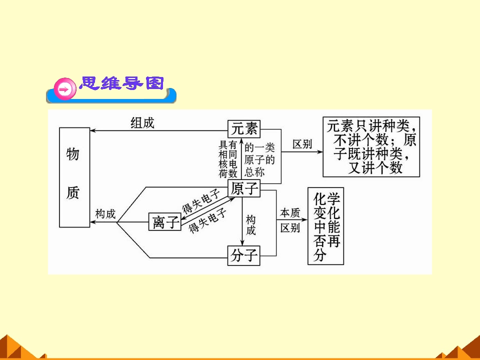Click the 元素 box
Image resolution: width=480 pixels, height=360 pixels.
pyautogui.click(x=244, y=129)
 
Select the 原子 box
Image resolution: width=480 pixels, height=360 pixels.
pyautogui.click(x=244, y=188)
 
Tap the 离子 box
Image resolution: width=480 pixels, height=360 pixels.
pyautogui.click(x=164, y=221)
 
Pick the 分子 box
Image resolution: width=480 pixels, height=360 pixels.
pyautogui.click(x=243, y=255)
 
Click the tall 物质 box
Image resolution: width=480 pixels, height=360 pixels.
pyautogui.click(x=74, y=177)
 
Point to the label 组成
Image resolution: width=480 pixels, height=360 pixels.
pyautogui.click(x=142, y=123)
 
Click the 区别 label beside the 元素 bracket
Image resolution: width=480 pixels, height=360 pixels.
pyautogui.click(x=302, y=144)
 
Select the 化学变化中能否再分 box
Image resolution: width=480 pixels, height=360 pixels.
pyautogui.click(x=325, y=226)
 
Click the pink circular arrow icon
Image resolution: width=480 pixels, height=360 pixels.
pyautogui.click(x=65, y=89)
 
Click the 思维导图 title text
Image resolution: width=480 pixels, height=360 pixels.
pyautogui.click(x=121, y=83)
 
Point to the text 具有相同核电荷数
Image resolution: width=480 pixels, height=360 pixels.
pyautogui.click(x=228, y=159)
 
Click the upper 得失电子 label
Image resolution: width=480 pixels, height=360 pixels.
pyautogui.click(x=201, y=201)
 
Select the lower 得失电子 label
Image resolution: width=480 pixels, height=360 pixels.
pyautogui.click(x=207, y=220)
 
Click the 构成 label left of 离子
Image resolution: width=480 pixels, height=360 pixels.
pyautogui.click(x=105, y=214)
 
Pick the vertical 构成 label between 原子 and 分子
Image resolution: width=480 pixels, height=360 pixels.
pyautogui.click(x=250, y=225)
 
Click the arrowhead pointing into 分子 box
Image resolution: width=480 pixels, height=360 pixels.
pyautogui.click(x=242, y=243)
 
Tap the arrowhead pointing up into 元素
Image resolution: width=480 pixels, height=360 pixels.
pyautogui.click(x=241, y=141)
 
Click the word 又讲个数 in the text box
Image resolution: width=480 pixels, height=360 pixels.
pyautogui.click(x=375, y=168)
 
